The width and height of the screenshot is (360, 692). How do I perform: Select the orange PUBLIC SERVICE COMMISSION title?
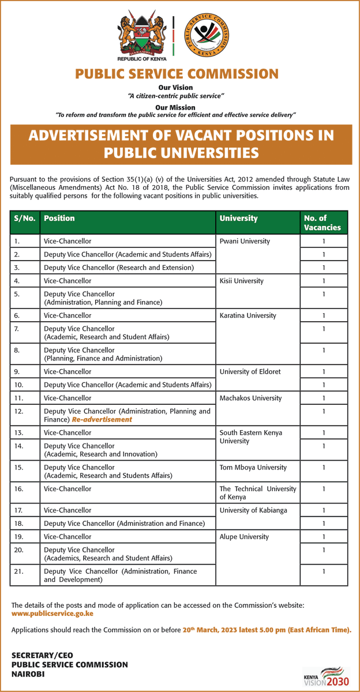177,74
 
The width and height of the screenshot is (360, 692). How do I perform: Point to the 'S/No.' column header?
25,219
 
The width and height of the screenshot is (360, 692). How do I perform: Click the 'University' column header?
238,219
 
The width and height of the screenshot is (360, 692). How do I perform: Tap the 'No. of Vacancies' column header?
323,223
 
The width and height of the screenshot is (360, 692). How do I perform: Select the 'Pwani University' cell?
244,241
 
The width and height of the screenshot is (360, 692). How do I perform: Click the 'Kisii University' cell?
241,281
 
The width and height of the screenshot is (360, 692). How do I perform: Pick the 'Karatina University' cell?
247,315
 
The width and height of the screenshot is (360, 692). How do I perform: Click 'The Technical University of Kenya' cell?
257,492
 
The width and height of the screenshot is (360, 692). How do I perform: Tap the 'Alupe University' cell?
244,536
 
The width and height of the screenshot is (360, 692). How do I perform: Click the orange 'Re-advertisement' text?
102,419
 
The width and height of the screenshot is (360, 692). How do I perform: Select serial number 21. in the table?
19,571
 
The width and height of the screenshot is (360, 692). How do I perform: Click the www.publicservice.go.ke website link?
52,614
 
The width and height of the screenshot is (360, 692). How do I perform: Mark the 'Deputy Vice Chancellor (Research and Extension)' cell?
119,268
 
